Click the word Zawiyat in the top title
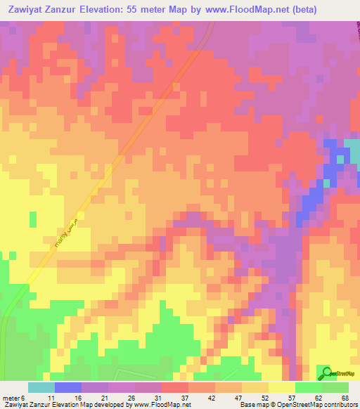click(x=30, y=10)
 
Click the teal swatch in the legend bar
click(x=41, y=387)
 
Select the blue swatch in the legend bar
click(x=68, y=387)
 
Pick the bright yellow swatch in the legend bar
click(x=282, y=387)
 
